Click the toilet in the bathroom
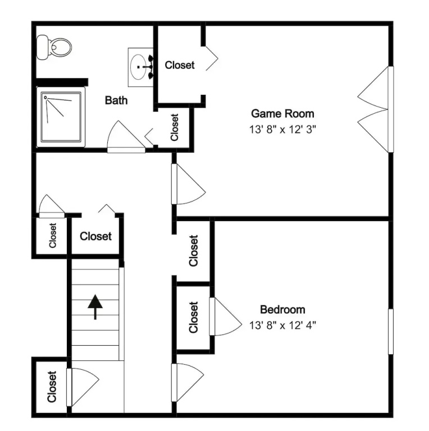click(54, 47)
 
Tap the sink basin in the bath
click(138, 67)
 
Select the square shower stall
click(61, 117)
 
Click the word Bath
click(116, 100)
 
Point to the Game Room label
click(282, 113)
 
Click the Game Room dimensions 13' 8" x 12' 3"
click(282, 129)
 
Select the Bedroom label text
click(282, 310)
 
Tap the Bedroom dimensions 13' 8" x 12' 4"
click(282, 325)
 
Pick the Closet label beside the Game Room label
click(180, 65)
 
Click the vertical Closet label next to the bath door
click(174, 127)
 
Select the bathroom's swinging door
click(126, 136)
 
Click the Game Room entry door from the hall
click(188, 184)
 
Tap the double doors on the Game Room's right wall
click(375, 109)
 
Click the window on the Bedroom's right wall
click(390, 332)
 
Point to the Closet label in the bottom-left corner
click(52, 387)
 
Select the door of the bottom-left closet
click(83, 387)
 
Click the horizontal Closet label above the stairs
click(95, 236)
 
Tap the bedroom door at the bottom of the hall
click(188, 382)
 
